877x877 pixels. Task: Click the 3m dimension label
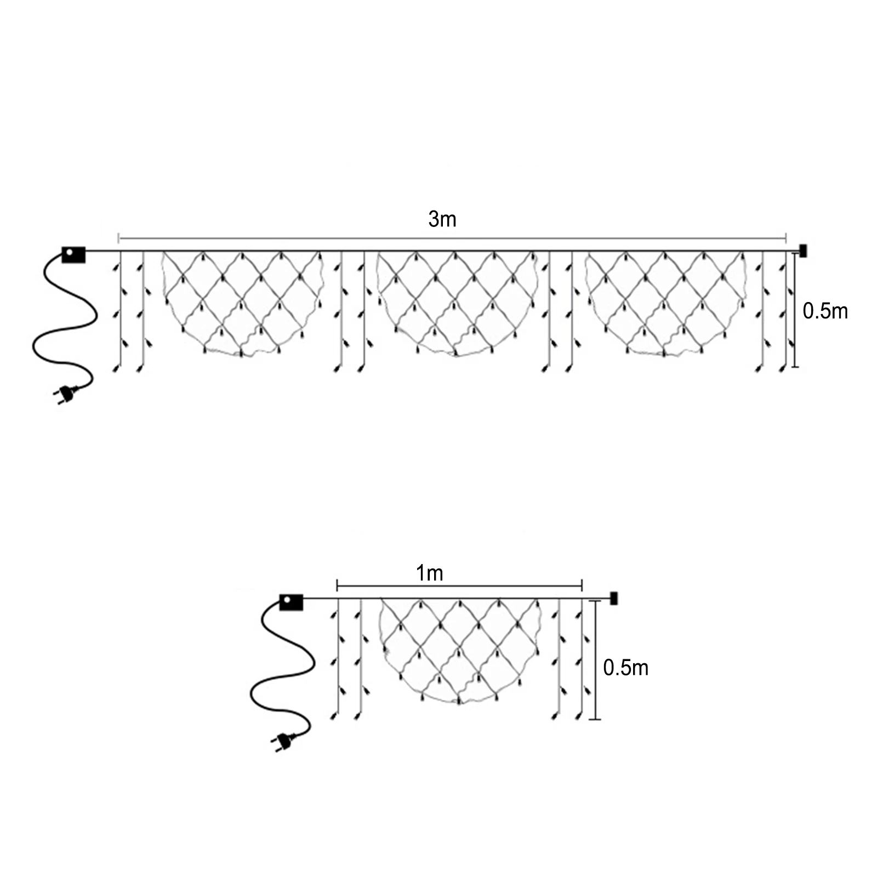tap(442, 219)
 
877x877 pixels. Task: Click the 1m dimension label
tap(429, 573)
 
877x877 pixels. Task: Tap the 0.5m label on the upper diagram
tap(825, 311)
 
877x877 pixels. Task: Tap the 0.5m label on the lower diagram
tap(625, 668)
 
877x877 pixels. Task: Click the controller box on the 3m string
tap(73, 255)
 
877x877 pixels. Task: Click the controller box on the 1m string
tap(291, 602)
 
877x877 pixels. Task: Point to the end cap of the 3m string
tap(804, 251)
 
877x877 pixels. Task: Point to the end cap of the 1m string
tap(613, 598)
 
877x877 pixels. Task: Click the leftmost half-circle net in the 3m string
tap(241, 301)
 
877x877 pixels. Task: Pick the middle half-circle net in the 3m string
tap(456, 301)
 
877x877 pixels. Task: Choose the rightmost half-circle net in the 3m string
tap(665, 301)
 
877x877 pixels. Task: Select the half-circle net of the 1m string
tap(459, 650)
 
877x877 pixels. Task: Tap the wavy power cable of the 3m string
tap(66, 329)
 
